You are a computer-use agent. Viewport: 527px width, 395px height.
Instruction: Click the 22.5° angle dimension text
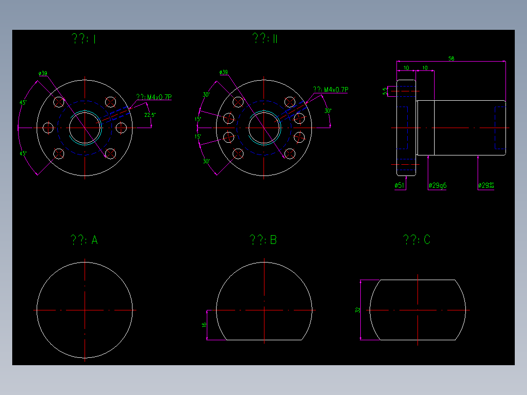click(150, 115)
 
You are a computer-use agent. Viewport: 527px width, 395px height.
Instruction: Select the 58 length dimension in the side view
click(451, 59)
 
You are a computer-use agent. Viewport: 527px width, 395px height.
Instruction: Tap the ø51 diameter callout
click(399, 186)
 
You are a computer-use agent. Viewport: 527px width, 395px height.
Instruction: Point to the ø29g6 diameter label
click(437, 186)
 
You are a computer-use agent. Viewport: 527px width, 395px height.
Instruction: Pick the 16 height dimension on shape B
click(204, 325)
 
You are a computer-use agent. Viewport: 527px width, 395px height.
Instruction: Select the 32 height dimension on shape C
click(358, 310)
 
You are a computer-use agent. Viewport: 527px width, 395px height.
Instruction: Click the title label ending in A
click(84, 240)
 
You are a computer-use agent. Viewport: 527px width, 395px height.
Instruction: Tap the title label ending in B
click(263, 240)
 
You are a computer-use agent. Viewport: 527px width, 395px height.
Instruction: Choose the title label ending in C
click(417, 240)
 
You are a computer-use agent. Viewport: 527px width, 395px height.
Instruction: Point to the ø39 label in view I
click(43, 74)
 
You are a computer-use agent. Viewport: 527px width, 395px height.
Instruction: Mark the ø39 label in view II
click(223, 72)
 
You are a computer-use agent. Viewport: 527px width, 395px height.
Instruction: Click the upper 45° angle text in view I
click(23, 103)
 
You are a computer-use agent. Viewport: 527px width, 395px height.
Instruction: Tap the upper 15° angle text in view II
click(198, 119)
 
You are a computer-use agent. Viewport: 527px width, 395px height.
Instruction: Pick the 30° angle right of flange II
click(328, 111)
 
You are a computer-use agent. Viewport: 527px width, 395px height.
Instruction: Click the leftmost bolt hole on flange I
click(48, 128)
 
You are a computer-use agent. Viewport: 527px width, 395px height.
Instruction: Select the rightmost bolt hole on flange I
click(121, 128)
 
